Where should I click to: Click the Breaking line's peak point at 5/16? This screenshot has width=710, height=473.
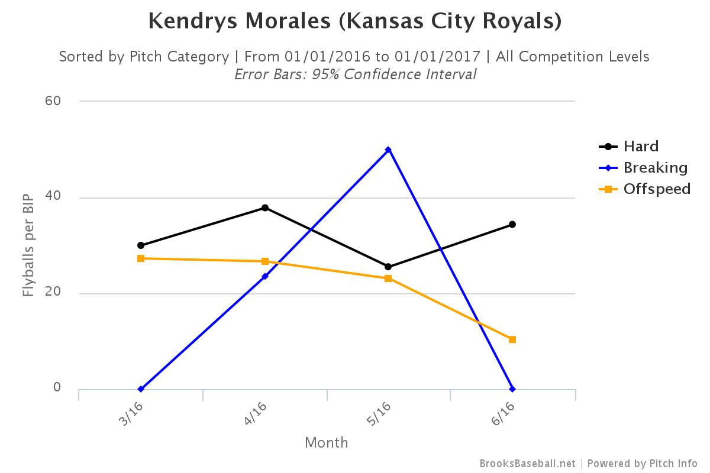[x=388, y=150]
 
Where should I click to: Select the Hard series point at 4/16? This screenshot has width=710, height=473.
[x=265, y=208]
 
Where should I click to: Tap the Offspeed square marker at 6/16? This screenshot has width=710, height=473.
[x=512, y=339]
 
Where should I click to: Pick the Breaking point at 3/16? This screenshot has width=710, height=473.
[x=141, y=389]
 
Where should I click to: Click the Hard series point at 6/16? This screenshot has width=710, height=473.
[x=512, y=224]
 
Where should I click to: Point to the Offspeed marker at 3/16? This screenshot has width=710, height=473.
[x=141, y=258]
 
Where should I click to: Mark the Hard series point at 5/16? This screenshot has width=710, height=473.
[x=388, y=267]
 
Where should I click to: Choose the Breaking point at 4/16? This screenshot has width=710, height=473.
[x=265, y=276]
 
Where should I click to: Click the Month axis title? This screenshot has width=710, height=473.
[x=327, y=442]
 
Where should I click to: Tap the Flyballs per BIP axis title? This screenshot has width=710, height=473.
[x=28, y=244]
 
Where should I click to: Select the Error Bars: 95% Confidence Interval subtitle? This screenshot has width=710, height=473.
[x=355, y=74]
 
